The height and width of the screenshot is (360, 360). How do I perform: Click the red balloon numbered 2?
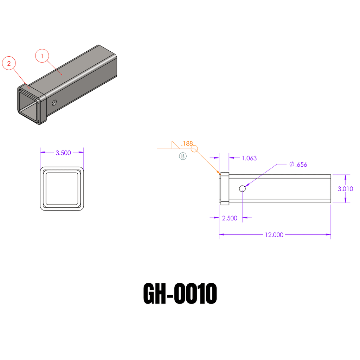pyautogui.click(x=9, y=64)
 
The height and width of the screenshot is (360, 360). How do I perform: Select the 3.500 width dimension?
pyautogui.click(x=63, y=153)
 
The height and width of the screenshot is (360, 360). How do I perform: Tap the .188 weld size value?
pyautogui.click(x=187, y=143)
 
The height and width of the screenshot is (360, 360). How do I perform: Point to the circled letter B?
pyautogui.click(x=183, y=156)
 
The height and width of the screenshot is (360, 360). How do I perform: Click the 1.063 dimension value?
pyautogui.click(x=249, y=158)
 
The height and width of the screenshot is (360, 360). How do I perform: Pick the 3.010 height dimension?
pyautogui.click(x=345, y=189)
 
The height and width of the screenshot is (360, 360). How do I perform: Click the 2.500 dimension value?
pyautogui.click(x=230, y=218)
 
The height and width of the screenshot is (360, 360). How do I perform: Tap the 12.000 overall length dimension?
pyautogui.click(x=274, y=235)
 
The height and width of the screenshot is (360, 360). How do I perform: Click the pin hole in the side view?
pyautogui.click(x=242, y=189)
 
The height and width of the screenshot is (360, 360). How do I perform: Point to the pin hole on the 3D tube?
pyautogui.click(x=54, y=103)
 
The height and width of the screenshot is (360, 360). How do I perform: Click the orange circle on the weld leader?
pyautogui.click(x=195, y=149)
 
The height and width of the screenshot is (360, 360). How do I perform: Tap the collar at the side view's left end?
pyautogui.click(x=224, y=189)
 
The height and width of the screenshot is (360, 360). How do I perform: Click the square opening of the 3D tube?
pyautogui.click(x=28, y=105)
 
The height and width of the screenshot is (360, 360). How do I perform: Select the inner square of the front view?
pyautogui.click(x=62, y=189)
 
